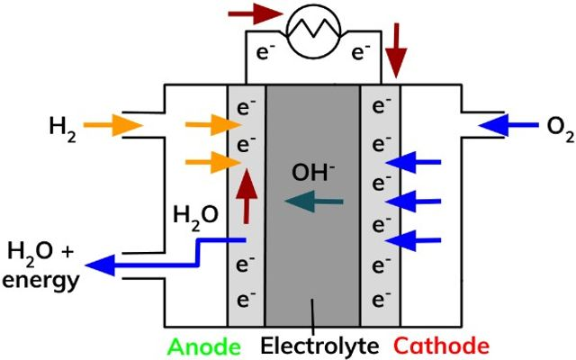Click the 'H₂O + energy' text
(40, 264)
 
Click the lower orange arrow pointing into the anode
(210, 163)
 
